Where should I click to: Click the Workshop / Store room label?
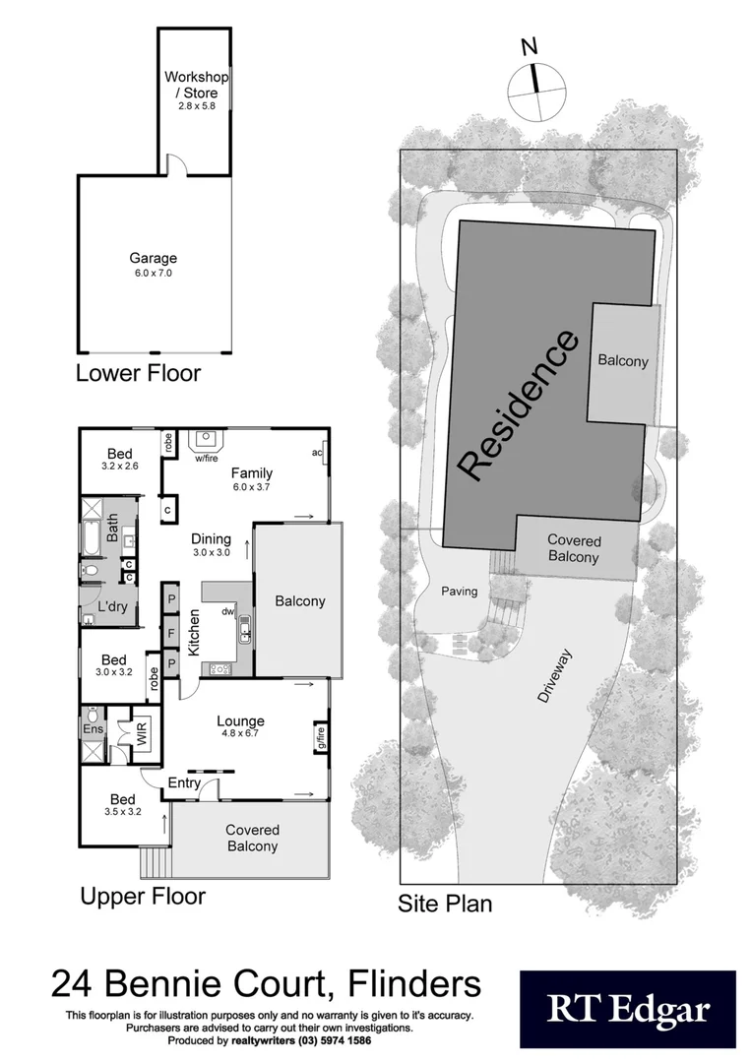pos(196,85)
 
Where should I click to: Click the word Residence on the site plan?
pos(519,406)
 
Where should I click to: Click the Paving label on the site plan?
pos(460,592)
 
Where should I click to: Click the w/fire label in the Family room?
pos(206,459)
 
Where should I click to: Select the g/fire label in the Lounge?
pos(319,736)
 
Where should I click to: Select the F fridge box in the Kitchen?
pos(170,632)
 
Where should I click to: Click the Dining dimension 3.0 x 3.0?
pos(211,553)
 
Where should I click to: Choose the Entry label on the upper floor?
pos(184,783)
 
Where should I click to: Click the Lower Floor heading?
pos(138,373)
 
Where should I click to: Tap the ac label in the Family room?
pos(318,453)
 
